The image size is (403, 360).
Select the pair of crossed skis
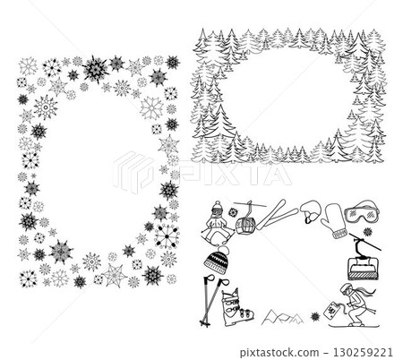[277, 215]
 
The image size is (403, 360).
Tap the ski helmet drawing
[310, 211]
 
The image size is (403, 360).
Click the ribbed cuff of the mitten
[340, 234]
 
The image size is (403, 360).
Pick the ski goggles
[362, 212]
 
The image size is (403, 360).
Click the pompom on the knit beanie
[223, 249]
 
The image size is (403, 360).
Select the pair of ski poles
[212, 301]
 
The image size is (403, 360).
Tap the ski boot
[236, 308]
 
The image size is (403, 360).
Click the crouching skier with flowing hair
[356, 305]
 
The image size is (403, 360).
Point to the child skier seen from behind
[217, 222]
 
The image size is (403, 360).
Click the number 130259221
[363, 353]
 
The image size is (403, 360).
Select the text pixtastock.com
[279, 353]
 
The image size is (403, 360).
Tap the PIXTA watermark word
[235, 173]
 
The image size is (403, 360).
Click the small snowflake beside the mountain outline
[315, 316]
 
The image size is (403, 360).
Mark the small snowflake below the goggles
[367, 231]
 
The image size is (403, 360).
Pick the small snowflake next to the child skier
[233, 212]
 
